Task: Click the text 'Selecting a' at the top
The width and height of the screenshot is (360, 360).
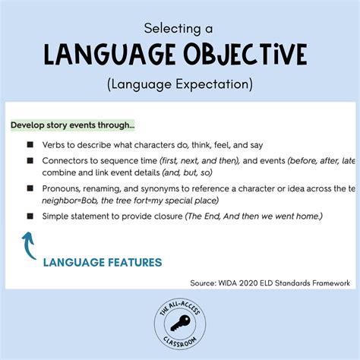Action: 179,28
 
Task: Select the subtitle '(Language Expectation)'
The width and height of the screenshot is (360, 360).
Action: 180,81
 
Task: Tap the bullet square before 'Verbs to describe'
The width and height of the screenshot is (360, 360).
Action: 30,144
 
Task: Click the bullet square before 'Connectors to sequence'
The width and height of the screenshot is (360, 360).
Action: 30,161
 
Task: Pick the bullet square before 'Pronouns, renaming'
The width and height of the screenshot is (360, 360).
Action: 30,188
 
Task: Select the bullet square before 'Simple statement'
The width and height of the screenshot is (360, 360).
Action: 30,216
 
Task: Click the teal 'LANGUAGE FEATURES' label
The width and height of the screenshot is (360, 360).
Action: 102,263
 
